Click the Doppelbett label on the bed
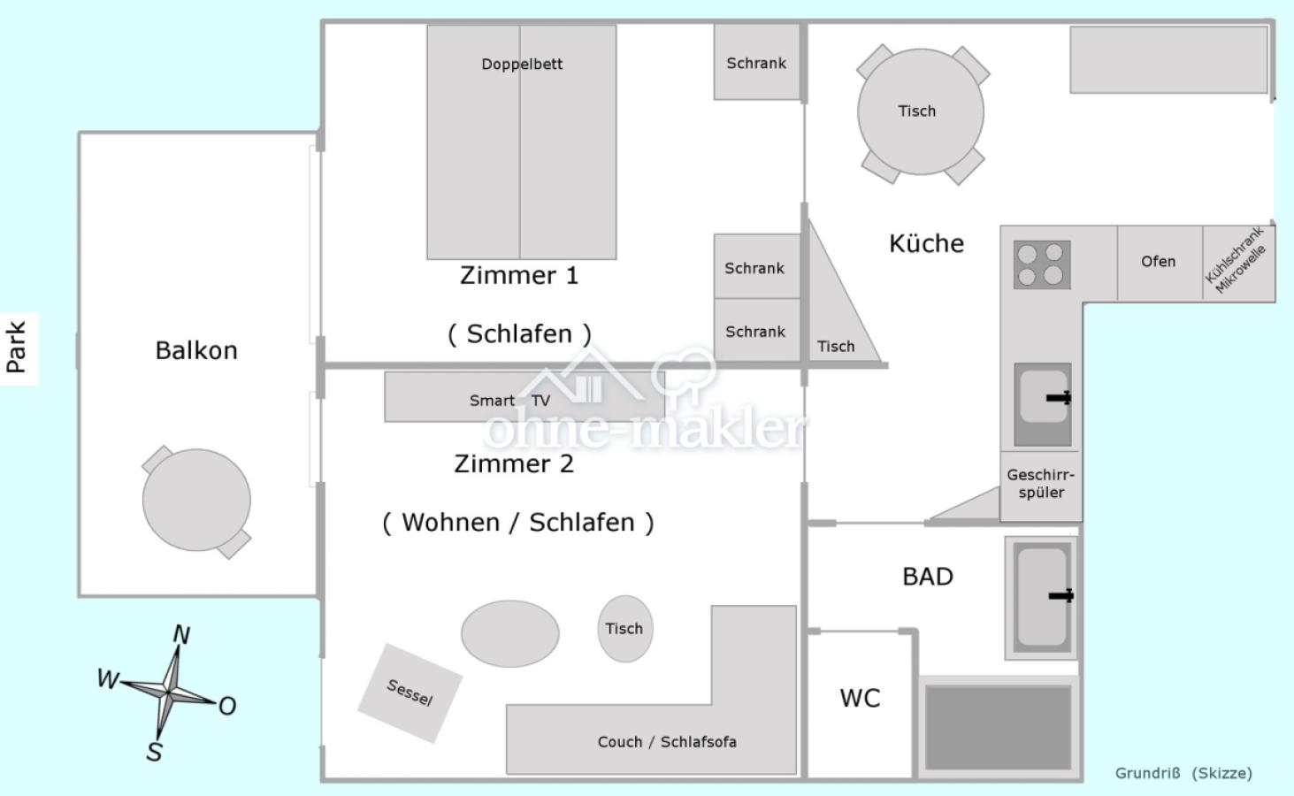pos(522,64)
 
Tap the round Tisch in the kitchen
pos(920,112)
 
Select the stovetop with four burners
pos(1041,264)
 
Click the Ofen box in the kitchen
pos(1159,262)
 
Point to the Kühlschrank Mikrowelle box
pos(1237,263)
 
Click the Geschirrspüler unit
pos(1040,485)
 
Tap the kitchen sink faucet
pos(1059,398)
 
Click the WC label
pos(860,699)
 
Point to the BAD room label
pos(927,577)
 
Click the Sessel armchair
pos(410,693)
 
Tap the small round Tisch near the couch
pos(624,629)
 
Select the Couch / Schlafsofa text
pos(667,742)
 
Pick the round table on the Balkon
pos(196,501)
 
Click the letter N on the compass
pos(181,635)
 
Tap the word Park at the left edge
pos(17,347)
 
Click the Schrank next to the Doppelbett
pos(756,63)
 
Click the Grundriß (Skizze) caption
pos(1183,773)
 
